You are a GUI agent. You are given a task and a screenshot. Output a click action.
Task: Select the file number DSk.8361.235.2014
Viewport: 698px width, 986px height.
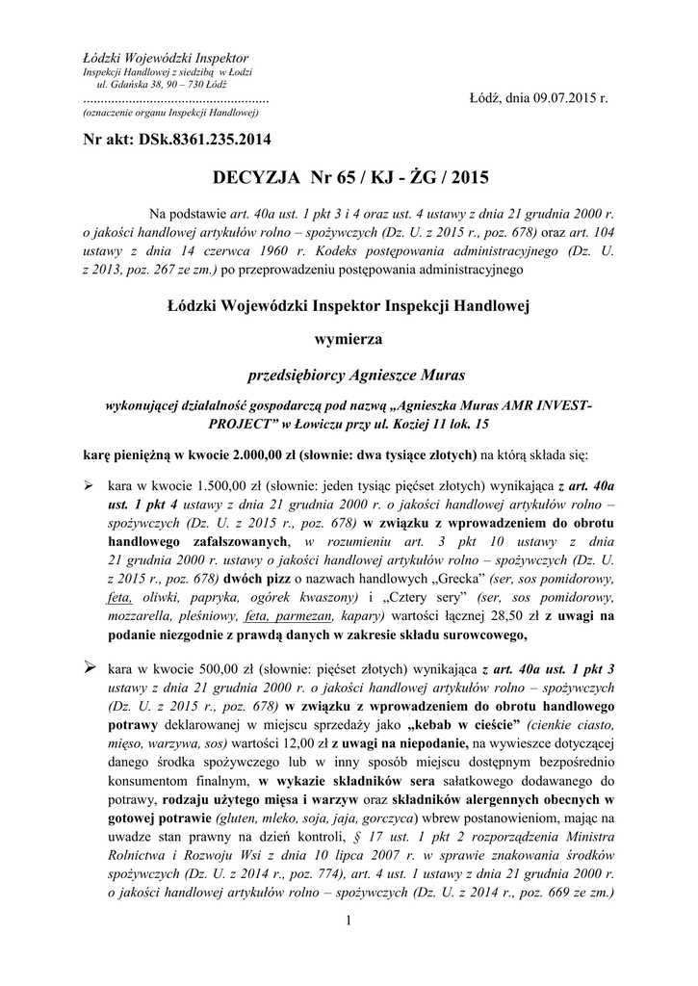tap(202, 140)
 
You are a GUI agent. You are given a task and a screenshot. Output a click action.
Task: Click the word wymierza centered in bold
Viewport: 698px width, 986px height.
tap(349, 339)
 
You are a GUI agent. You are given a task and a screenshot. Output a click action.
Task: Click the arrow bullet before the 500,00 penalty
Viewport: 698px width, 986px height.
tap(90, 666)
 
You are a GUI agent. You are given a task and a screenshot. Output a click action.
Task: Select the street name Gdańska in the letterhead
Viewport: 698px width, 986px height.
tap(122, 85)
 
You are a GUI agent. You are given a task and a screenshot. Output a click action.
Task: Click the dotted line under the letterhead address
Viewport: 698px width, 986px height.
tap(175, 100)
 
